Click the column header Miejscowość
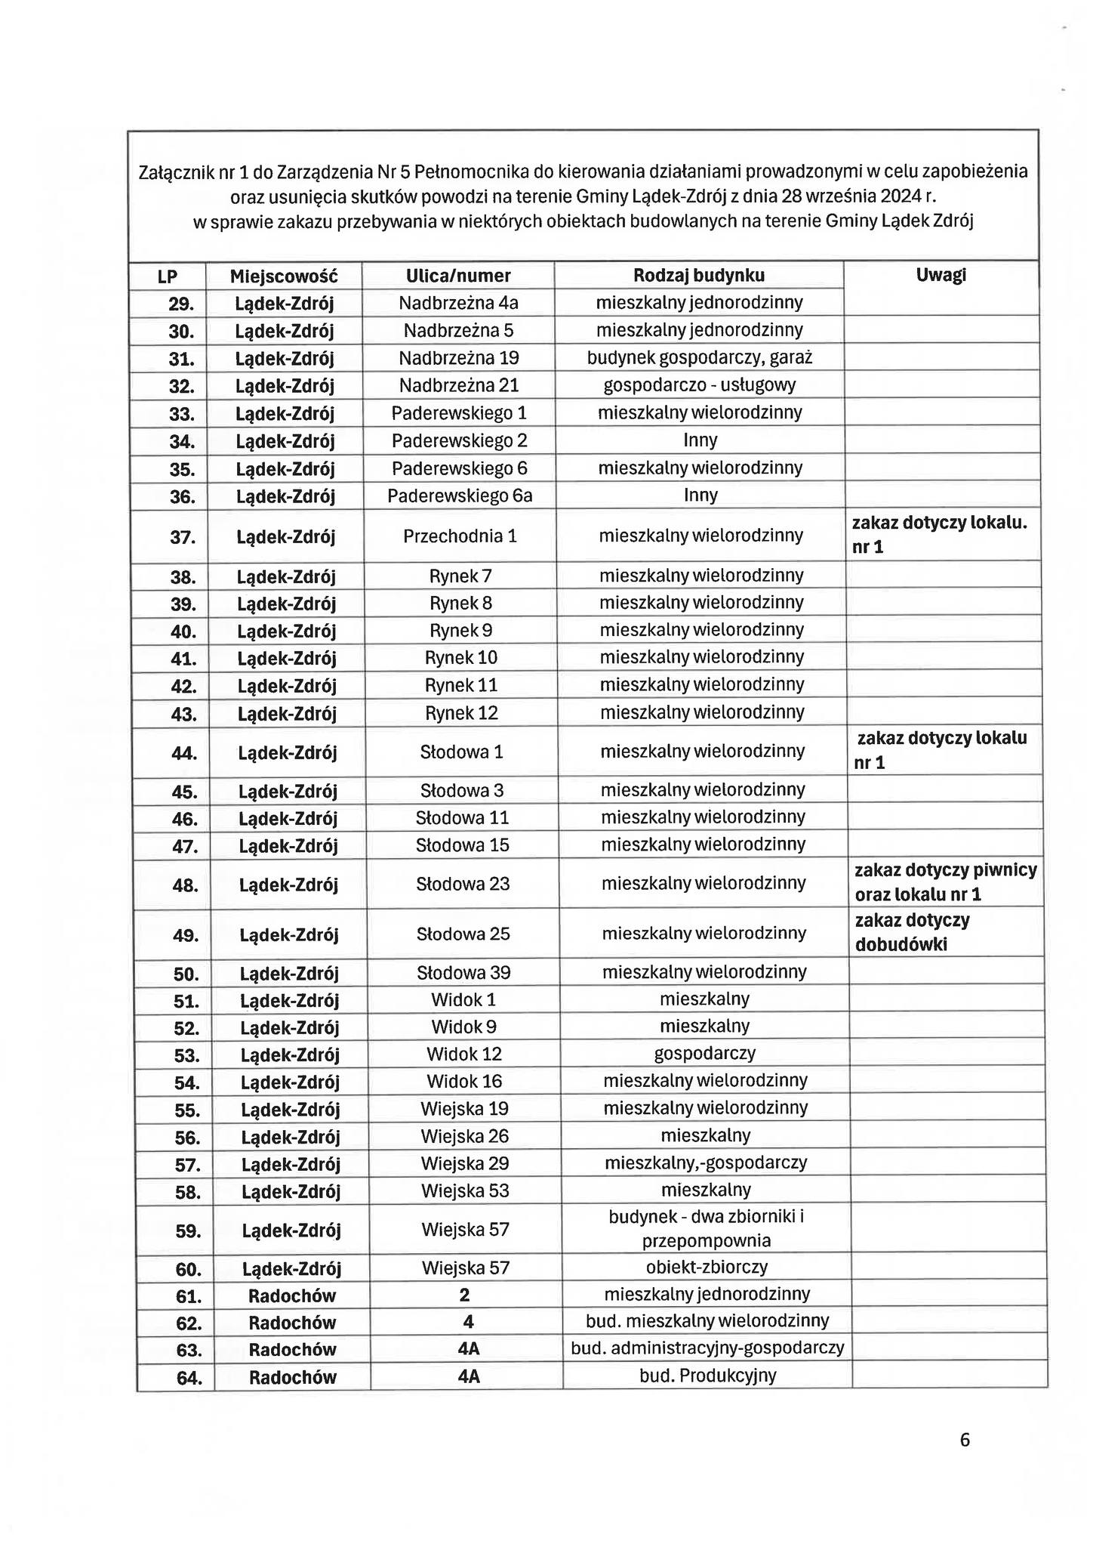coord(283,276)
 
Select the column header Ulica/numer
coord(458,276)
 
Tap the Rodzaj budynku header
coord(698,275)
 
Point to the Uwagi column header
coord(941,275)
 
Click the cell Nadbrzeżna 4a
coord(458,303)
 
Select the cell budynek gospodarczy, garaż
coord(700,357)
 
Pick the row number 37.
coord(183,538)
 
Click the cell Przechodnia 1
coord(460,536)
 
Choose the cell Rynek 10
coord(461,658)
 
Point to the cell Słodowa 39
coord(463,972)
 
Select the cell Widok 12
coord(464,1054)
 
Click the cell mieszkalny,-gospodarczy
coord(706,1163)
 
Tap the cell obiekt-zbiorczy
coord(707,1267)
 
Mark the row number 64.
coord(189,1378)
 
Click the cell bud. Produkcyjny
coord(707,1376)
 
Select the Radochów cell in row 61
coord(292,1295)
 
